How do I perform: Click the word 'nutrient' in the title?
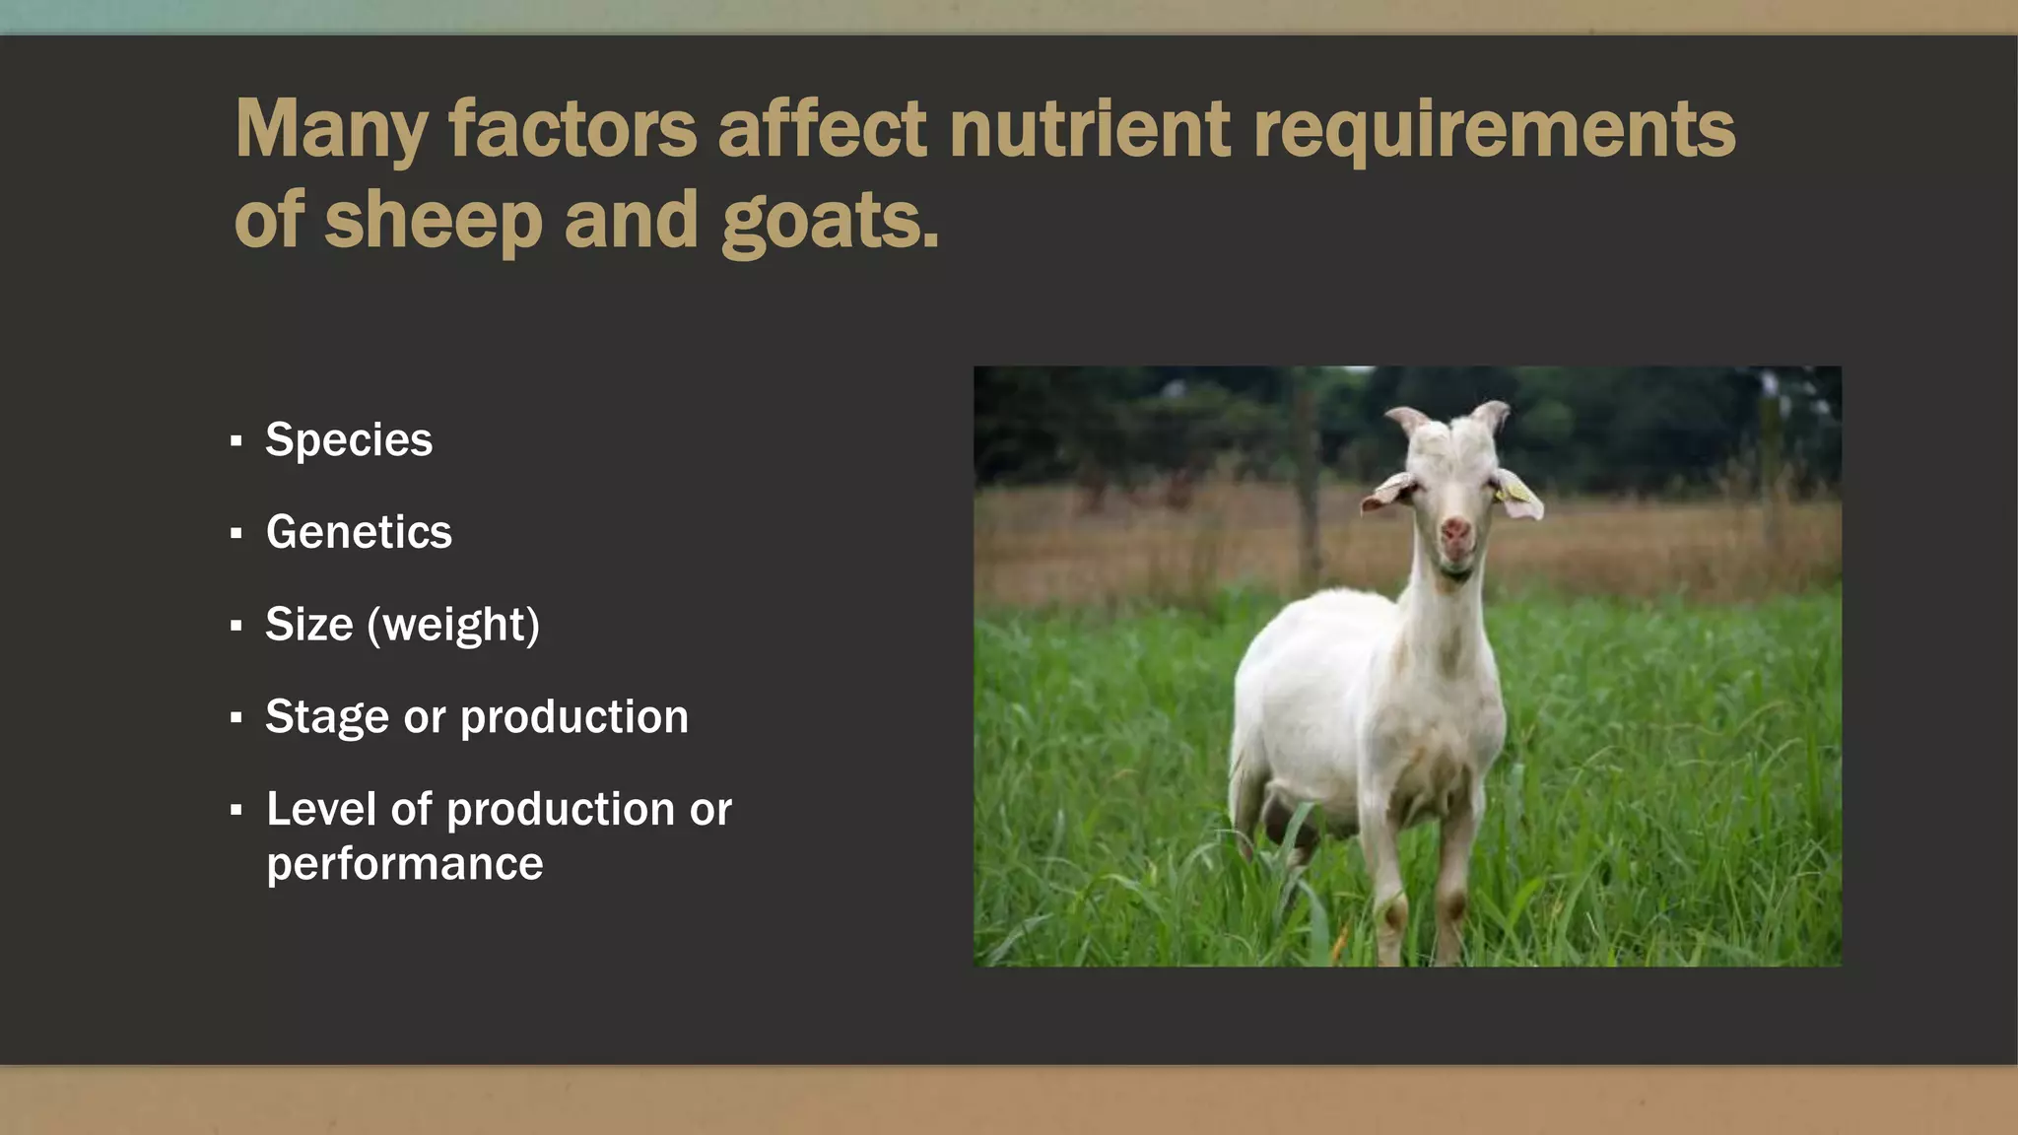[1089, 129]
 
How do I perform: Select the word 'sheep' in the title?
[434, 221]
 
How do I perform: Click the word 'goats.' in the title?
[831, 221]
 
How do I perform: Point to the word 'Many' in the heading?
[331, 129]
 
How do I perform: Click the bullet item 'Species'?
[349, 439]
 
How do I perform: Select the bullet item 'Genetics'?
[359, 532]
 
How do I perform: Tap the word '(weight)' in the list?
[453, 625]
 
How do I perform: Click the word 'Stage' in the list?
[326, 717]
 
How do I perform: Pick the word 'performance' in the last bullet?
[404, 864]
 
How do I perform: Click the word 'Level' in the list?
[321, 810]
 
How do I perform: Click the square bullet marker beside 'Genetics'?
[235, 534]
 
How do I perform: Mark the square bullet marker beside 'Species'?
[235, 441]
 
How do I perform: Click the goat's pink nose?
[1455, 533]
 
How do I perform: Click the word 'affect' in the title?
[822, 129]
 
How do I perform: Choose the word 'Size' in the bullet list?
[308, 625]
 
